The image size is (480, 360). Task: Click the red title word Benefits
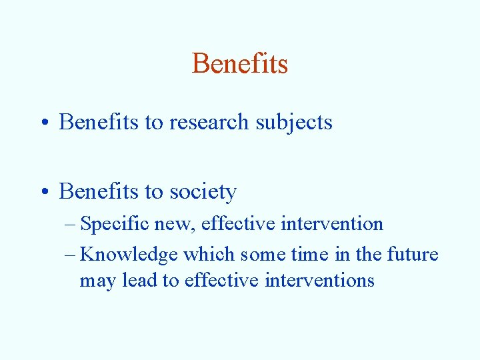tap(240, 64)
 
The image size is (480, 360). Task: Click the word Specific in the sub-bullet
tap(114, 224)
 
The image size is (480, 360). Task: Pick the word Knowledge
tap(129, 255)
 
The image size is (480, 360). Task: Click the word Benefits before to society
tap(98, 192)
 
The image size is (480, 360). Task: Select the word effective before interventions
tap(222, 281)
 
